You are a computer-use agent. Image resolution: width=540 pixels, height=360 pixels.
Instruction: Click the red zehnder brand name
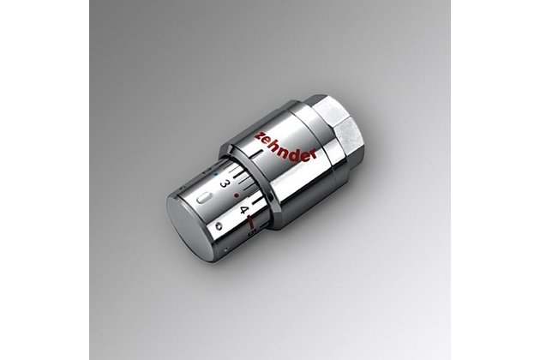click(x=285, y=145)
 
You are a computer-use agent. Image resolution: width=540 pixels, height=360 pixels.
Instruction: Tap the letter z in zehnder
click(x=259, y=135)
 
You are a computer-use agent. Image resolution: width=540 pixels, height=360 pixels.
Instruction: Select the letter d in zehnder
click(x=297, y=150)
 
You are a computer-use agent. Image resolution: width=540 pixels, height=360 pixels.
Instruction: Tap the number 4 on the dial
click(x=244, y=209)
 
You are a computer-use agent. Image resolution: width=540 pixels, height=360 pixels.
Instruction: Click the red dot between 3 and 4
click(x=236, y=195)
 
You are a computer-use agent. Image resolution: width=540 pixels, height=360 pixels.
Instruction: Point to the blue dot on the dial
click(x=216, y=174)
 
